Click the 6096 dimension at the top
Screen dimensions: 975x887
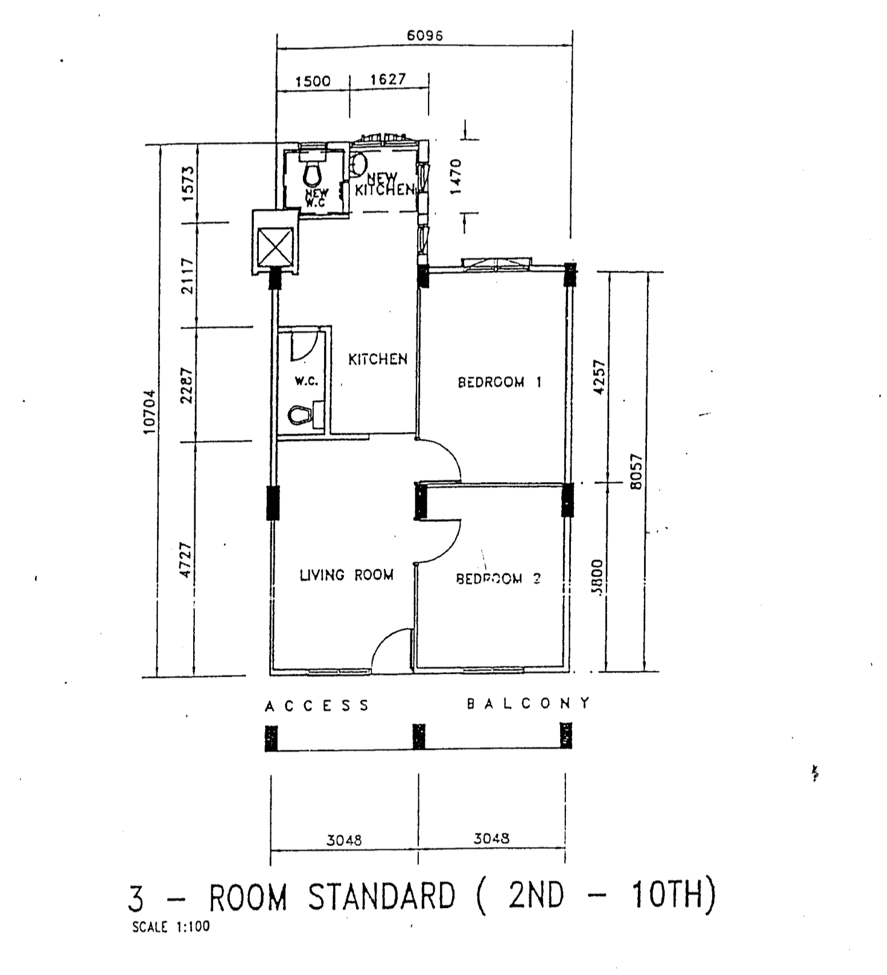(x=425, y=35)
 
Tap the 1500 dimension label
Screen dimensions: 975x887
(x=313, y=81)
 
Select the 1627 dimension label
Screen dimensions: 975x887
(x=388, y=79)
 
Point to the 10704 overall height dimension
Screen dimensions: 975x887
(x=149, y=411)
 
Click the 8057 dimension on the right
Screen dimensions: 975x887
(x=637, y=471)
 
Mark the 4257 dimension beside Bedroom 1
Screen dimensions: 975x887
(x=598, y=377)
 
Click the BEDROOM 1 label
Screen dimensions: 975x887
(x=499, y=382)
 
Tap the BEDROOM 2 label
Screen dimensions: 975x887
(x=498, y=578)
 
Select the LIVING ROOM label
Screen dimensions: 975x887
(x=346, y=575)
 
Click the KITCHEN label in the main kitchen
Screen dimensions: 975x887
(x=378, y=359)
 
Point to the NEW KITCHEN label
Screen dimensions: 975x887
(x=384, y=184)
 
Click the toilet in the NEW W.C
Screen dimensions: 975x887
(x=313, y=172)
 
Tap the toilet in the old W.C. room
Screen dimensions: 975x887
(x=300, y=415)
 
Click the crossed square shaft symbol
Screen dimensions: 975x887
(x=275, y=247)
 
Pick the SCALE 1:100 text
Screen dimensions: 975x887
(x=171, y=926)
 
